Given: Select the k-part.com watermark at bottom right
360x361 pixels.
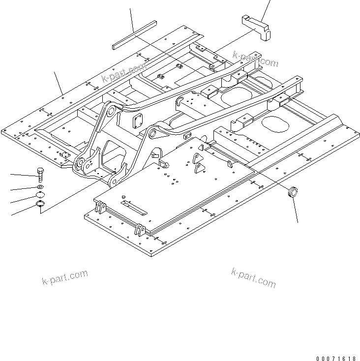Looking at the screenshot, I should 253,277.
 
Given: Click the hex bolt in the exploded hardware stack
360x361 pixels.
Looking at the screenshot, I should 40,174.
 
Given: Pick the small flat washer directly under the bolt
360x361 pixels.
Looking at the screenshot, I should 40,187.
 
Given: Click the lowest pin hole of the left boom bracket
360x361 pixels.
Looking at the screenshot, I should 113,182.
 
